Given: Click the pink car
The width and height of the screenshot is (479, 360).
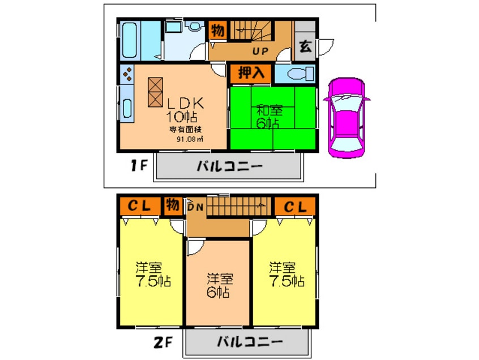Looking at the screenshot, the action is (346, 118).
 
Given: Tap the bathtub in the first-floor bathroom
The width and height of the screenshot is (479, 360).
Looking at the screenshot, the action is (129, 40).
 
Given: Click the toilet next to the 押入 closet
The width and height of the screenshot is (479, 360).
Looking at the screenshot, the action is (300, 74).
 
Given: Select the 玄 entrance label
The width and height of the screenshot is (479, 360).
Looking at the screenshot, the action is (305, 47).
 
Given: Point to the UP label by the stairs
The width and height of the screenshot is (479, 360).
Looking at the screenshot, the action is (260, 51).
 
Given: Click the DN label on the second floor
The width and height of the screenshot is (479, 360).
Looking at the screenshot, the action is (195, 207).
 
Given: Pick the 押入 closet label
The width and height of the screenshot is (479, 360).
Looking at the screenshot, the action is (250, 73).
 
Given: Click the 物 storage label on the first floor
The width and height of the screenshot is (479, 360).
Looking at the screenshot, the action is (217, 31).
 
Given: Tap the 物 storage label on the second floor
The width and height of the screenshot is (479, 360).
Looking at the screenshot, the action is (172, 205).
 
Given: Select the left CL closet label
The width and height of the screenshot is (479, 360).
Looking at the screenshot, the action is (139, 206).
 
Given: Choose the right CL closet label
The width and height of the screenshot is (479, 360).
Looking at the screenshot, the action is (295, 207).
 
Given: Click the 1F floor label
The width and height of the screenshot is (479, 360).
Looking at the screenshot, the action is (139, 166).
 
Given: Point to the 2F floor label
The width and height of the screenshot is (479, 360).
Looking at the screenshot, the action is (163, 342).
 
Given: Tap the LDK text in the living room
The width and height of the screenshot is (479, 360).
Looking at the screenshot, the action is (186, 104).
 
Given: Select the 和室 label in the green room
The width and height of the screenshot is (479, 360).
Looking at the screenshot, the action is (270, 110).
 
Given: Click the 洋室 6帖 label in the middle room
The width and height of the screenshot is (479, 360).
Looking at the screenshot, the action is (219, 285).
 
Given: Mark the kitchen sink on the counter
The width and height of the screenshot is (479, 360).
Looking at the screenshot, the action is (127, 108).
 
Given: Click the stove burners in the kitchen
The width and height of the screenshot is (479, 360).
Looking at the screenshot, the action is (127, 74).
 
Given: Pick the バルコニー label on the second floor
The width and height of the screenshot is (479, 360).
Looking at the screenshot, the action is (250, 342).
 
